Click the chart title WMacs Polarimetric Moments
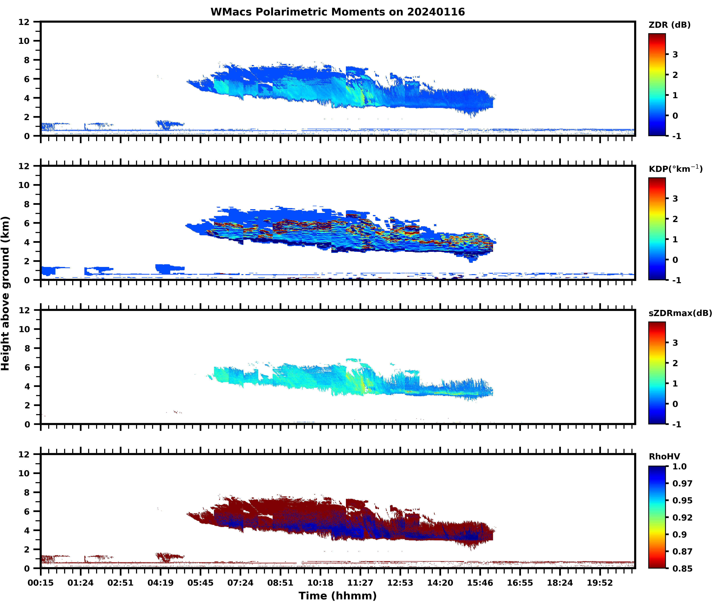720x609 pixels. pyautogui.click(x=338, y=12)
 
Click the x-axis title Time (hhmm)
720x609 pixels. pyautogui.click(x=338, y=595)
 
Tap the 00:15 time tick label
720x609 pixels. pyautogui.click(x=41, y=583)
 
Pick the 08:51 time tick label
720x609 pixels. pyautogui.click(x=280, y=583)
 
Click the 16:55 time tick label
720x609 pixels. pyautogui.click(x=520, y=583)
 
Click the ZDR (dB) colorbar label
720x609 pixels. pyautogui.click(x=670, y=25)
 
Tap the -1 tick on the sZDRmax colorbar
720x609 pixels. pyautogui.click(x=676, y=424)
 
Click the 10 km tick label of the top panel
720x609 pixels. pyautogui.click(x=24, y=41)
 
